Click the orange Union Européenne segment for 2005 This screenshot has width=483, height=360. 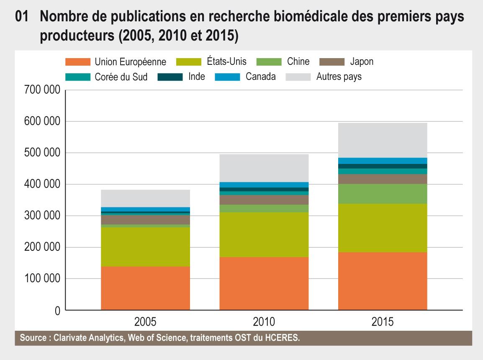point(145,288)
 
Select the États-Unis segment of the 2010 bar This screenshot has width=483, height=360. point(264,234)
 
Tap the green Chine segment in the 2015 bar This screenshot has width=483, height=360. point(383,194)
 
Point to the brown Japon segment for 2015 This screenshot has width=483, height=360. point(383,179)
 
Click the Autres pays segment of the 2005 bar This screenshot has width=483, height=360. point(145,198)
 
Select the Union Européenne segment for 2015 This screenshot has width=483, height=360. point(383,281)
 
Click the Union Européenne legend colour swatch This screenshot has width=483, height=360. point(78,62)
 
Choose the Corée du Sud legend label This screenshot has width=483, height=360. point(121,77)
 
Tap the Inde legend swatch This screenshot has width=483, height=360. point(170,77)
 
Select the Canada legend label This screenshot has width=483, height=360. point(260,77)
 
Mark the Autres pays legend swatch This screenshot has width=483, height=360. point(298,77)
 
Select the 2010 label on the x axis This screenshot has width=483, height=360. point(264,322)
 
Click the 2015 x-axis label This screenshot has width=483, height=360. point(383,322)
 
